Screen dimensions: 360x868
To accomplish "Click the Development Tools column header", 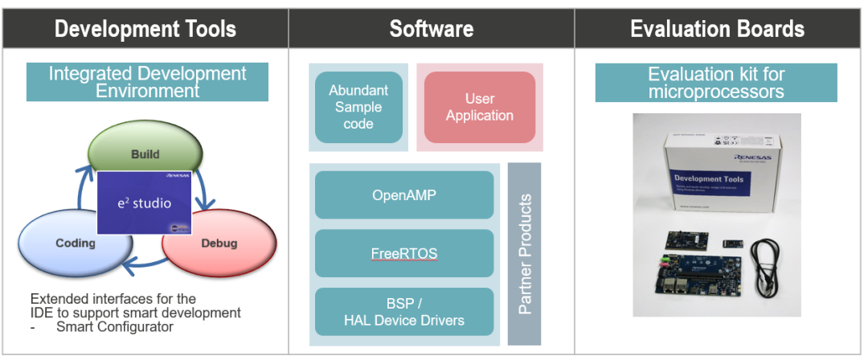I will pyautogui.click(x=145, y=30).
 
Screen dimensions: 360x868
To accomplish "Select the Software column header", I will pyautogui.click(x=432, y=30).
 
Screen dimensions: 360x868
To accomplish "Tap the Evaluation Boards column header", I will pyautogui.click(x=717, y=30).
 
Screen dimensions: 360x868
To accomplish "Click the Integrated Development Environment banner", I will pyautogui.click(x=147, y=82).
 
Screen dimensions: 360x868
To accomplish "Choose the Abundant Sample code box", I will pyautogui.click(x=358, y=107).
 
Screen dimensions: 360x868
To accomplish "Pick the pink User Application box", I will pyautogui.click(x=479, y=107).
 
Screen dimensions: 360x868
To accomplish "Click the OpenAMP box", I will pyautogui.click(x=403, y=194).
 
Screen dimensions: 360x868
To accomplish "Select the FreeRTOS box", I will pyautogui.click(x=403, y=253).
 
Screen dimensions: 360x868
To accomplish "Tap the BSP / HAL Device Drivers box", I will pyautogui.click(x=403, y=312).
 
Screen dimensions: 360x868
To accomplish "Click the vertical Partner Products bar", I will pyautogui.click(x=524, y=253).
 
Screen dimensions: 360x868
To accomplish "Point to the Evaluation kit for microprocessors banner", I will pyautogui.click(x=716, y=83).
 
